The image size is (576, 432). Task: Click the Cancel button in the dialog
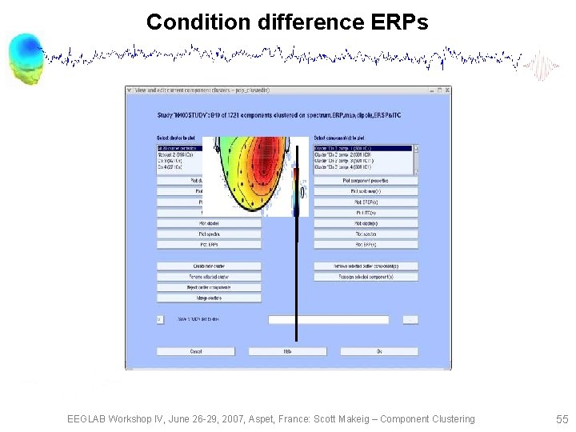click(195, 351)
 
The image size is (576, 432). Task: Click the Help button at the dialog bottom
click(287, 351)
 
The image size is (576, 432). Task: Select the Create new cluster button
click(209, 266)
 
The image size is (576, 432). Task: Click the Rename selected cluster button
click(209, 277)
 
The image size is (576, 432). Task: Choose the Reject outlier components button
click(209, 287)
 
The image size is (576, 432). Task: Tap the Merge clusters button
click(209, 298)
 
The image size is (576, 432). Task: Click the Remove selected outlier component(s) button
click(366, 266)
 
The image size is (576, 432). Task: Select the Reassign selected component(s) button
click(366, 277)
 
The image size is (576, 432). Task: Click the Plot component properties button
click(366, 181)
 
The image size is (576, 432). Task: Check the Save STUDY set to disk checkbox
click(160, 320)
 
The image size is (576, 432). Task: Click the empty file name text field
click(329, 320)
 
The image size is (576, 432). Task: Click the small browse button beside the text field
click(410, 320)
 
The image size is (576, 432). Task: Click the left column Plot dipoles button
click(209, 223)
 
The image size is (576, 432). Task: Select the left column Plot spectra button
click(209, 234)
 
